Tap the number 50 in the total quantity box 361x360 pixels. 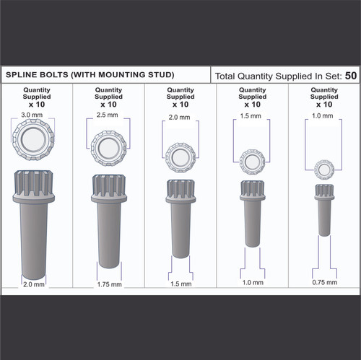click(350, 75)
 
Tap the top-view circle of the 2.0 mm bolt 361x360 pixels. click(180, 157)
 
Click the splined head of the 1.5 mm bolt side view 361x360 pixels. click(251, 190)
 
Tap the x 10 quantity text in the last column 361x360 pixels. click(323, 104)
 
